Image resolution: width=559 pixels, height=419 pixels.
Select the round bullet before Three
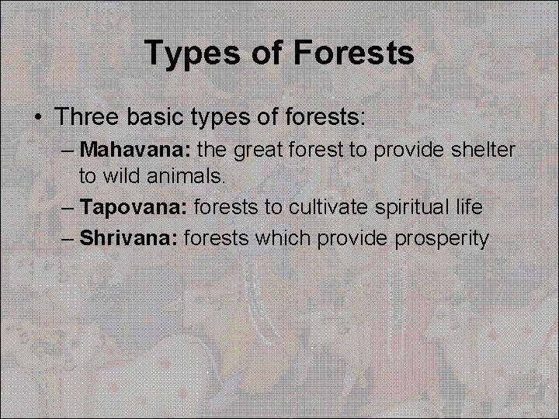coord(38,117)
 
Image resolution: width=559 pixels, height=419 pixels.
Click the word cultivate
coord(325,207)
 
